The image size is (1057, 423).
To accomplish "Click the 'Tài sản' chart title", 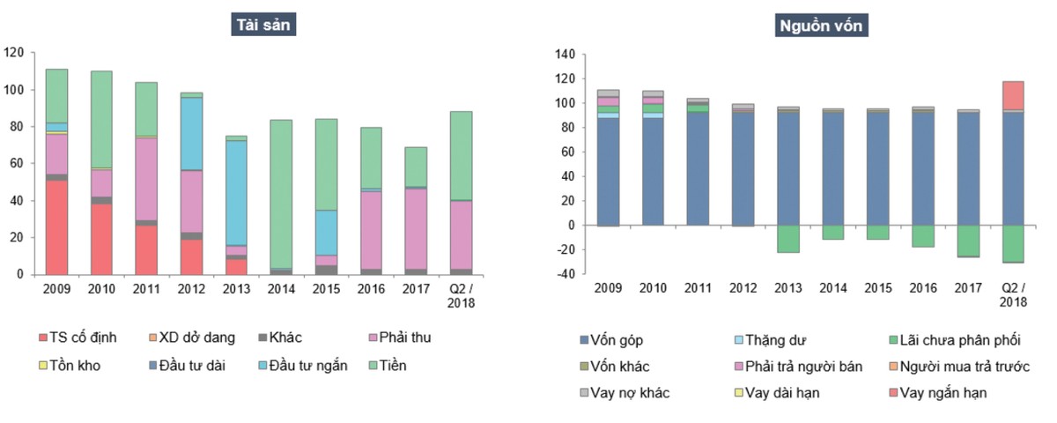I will point(262,25).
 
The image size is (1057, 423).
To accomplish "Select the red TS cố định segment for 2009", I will point(56,227).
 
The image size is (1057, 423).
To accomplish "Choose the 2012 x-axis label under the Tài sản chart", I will point(192,289).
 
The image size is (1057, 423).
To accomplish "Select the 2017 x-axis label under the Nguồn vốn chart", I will point(966,288).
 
